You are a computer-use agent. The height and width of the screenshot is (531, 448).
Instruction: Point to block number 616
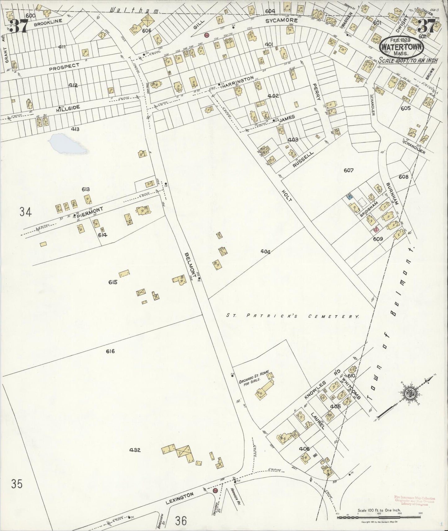(110, 351)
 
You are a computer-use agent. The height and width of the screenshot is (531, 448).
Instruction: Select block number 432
(135, 450)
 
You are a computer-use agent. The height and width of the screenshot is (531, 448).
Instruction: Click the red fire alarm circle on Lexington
(215, 499)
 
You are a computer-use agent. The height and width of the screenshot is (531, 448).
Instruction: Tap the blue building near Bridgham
(350, 196)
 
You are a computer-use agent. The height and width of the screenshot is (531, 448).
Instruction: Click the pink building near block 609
(377, 230)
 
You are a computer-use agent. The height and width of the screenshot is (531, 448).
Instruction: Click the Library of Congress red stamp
(415, 501)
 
